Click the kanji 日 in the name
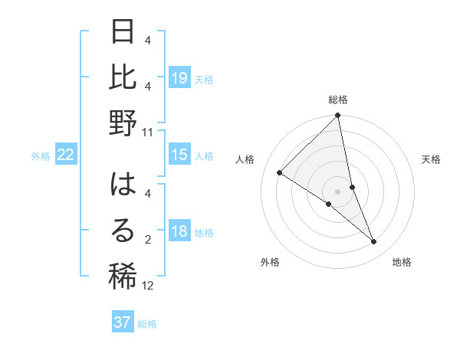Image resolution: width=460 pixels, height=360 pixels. tap(123, 33)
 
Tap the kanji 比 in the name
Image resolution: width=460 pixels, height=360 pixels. tap(123, 77)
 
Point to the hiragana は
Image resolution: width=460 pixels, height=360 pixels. tap(123, 185)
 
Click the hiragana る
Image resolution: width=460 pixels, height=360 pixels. tap(123, 231)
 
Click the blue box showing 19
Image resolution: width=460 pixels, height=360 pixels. tap(179, 78)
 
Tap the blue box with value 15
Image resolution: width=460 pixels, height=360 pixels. tap(179, 155)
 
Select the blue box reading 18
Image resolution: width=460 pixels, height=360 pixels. tap(179, 232)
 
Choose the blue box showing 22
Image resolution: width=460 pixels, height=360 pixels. tap(66, 155)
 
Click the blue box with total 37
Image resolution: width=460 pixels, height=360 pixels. tap(123, 322)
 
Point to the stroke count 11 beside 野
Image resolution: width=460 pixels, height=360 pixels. tap(148, 133)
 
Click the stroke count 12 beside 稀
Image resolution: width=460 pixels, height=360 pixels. tap(148, 286)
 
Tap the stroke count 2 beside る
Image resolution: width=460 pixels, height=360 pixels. tap(148, 240)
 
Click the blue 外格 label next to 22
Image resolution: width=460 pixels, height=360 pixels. tap(41, 156)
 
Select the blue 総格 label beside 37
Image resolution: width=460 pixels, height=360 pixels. tap(147, 323)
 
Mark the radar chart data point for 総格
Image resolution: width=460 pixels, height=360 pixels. tap(337, 116)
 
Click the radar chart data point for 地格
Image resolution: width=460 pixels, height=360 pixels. tap(374, 242)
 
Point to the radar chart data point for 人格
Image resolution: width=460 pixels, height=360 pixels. tap(280, 173)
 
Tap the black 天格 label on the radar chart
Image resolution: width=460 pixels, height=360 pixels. tap(432, 159)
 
